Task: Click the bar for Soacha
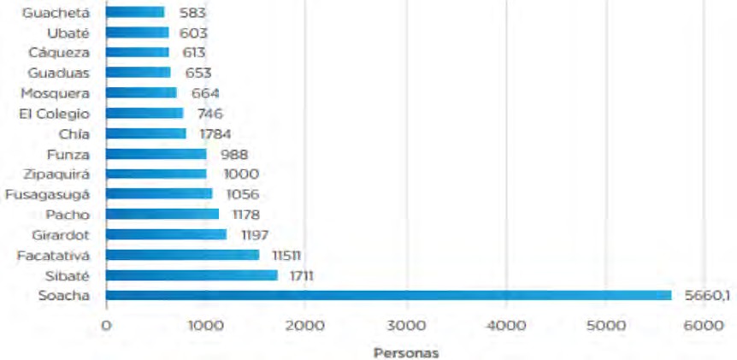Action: [x=388, y=295]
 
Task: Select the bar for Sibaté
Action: [x=192, y=275]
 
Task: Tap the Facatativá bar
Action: [x=182, y=255]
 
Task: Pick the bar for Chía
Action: [x=145, y=133]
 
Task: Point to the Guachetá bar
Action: [x=135, y=12]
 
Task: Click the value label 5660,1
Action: [x=706, y=295]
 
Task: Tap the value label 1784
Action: [x=213, y=133]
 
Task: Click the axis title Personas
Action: [x=406, y=351]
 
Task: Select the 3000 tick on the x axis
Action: [x=406, y=324]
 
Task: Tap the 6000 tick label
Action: [x=706, y=324]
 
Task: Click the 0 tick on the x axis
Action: [x=106, y=324]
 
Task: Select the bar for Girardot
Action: [x=166, y=234]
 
